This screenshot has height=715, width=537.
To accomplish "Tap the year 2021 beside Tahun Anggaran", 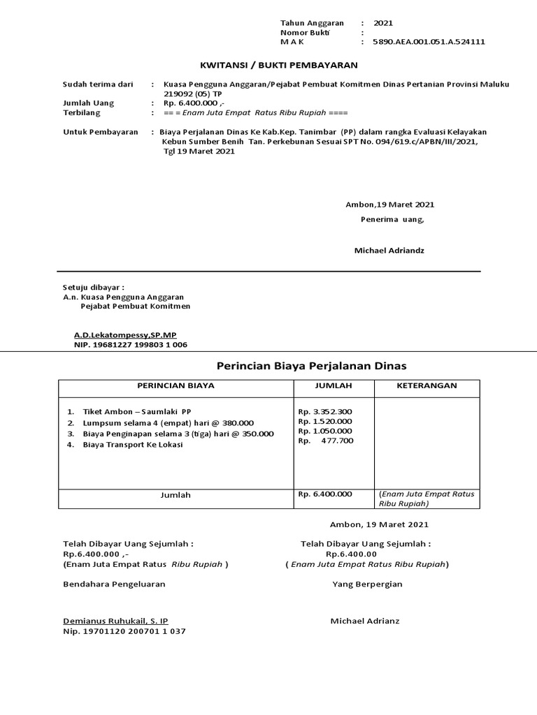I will click(x=383, y=23).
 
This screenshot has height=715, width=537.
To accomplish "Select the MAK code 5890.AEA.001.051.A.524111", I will click(x=429, y=42).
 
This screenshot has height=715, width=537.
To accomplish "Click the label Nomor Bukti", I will click(x=305, y=32).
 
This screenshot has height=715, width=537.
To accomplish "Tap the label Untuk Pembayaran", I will click(x=101, y=131).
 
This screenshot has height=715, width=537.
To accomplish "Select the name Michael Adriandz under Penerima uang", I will click(x=389, y=250).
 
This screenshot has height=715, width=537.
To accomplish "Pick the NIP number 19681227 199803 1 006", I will click(x=131, y=345).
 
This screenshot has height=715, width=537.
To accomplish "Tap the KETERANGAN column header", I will click(x=427, y=385).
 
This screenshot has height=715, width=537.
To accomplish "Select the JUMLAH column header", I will click(x=334, y=385).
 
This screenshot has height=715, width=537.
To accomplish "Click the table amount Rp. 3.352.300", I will click(x=325, y=411).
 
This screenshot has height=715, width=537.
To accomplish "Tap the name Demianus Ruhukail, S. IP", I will click(x=115, y=621).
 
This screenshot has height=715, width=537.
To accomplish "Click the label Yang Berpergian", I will click(x=367, y=584).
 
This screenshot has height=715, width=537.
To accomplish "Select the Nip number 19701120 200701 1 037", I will click(x=124, y=631).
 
